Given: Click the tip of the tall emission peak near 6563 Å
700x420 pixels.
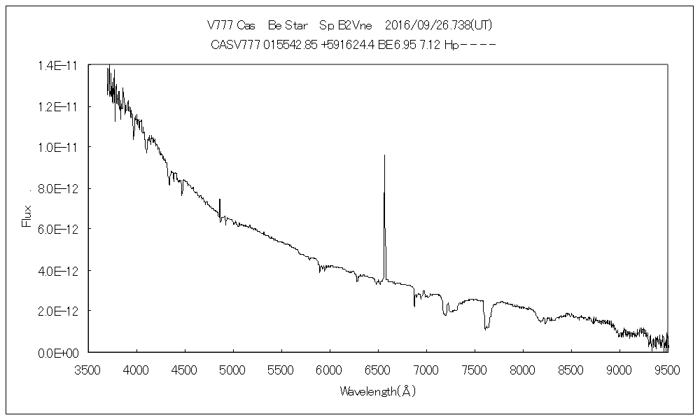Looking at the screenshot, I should pos(384,155).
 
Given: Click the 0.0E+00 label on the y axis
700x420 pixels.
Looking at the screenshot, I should pos(60,352).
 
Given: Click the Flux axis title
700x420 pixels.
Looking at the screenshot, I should pos(27,216).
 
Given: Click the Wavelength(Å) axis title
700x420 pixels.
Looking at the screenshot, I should pos(378,391).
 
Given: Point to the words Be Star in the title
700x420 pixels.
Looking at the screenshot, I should pos(286,25).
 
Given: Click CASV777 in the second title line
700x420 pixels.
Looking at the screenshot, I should pos(234,44).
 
